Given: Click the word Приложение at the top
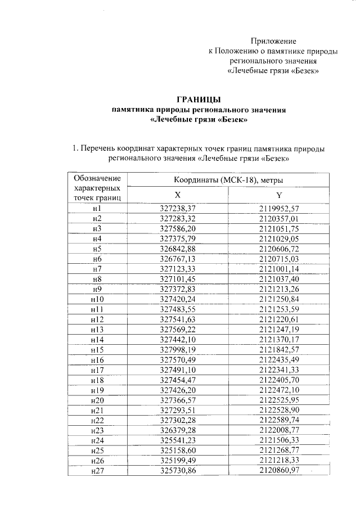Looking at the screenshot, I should (x=273, y=41).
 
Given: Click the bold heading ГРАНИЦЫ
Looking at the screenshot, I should (x=200, y=100).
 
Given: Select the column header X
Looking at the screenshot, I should (x=177, y=195).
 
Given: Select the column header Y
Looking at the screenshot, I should (x=278, y=195).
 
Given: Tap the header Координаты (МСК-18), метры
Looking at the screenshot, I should (x=228, y=179).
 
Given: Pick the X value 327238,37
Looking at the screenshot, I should (x=178, y=208).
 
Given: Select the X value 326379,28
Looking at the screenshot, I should (x=178, y=431).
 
